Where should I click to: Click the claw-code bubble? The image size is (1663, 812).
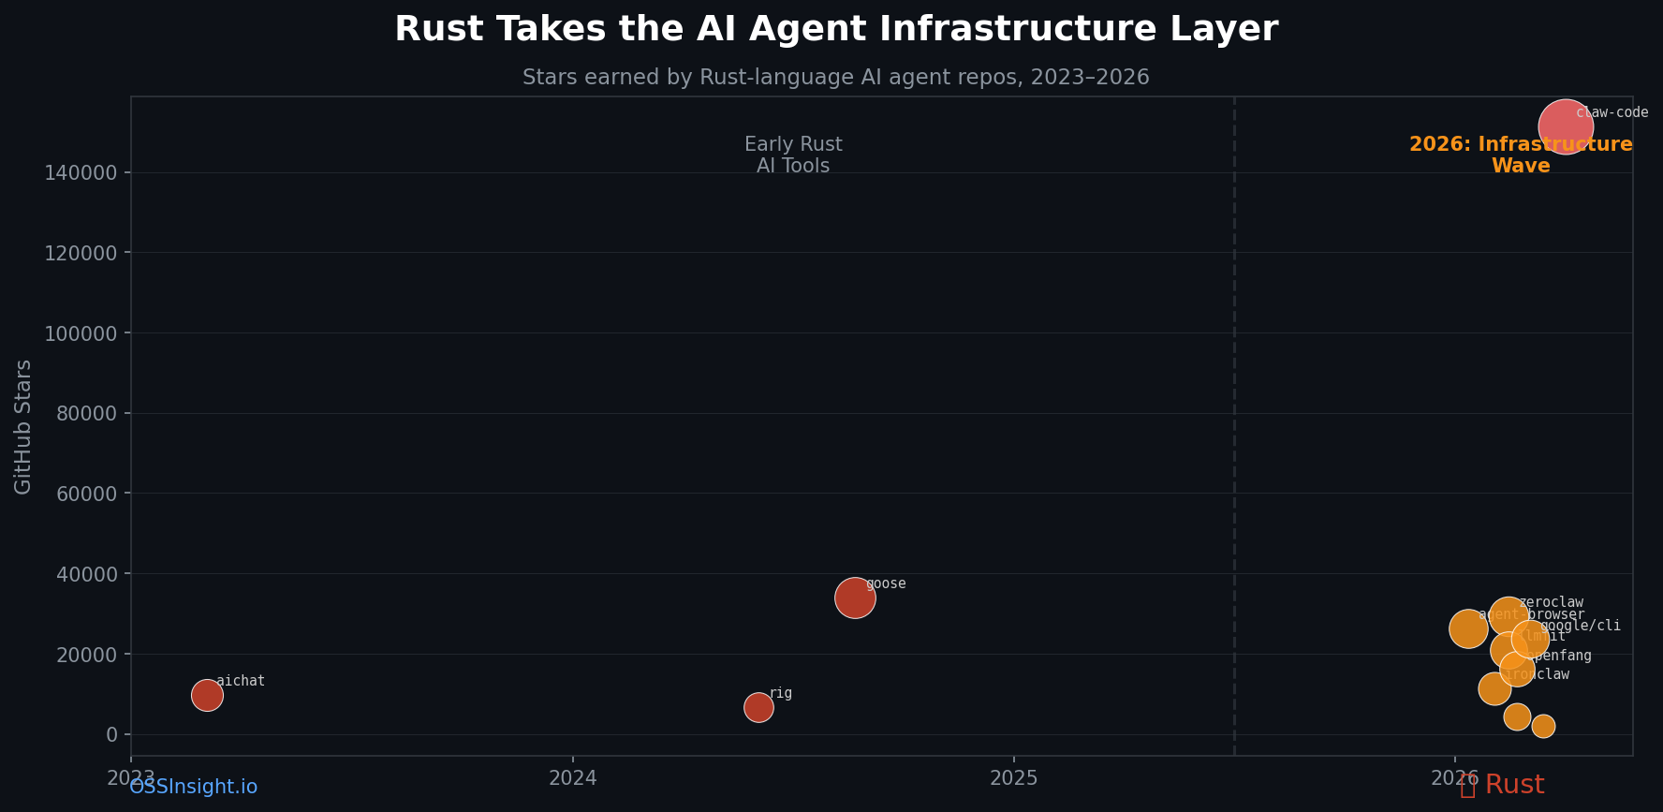pos(1565,126)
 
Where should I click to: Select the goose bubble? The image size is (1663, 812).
pos(854,598)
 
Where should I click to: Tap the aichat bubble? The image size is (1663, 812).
pos(207,695)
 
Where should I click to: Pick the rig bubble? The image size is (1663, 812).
pos(758,707)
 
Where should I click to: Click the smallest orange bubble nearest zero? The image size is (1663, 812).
pos(1543,726)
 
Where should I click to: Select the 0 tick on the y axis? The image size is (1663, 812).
pos(111,734)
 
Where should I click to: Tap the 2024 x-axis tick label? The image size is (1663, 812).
pos(572,777)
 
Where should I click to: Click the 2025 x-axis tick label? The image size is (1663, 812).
pos(1013,777)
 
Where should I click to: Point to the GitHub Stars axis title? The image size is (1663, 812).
pos(23,427)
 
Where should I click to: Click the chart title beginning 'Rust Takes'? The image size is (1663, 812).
pos(835,29)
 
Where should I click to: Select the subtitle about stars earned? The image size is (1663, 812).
pos(835,78)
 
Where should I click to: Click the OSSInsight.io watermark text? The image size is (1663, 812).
pos(193,788)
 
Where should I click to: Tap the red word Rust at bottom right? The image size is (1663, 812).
pos(1514,786)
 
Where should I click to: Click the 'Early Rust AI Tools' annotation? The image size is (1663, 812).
pos(793,155)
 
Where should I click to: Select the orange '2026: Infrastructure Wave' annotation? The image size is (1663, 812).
pos(1521,155)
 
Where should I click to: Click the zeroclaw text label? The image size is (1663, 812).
pos(1551,602)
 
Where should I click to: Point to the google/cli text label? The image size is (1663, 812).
pos(1581,626)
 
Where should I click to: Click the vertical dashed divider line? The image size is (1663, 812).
pos(1234,421)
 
